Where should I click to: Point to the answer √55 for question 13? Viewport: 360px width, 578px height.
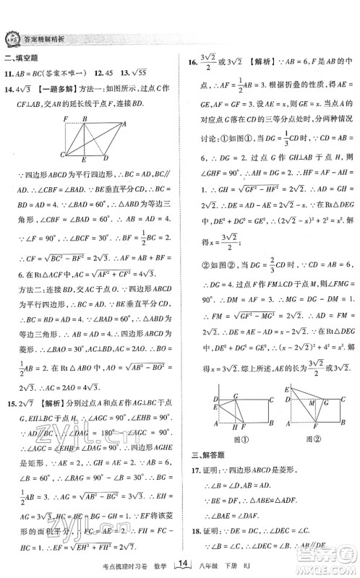[147, 74]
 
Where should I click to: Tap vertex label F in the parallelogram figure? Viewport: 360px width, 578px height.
[65, 118]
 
